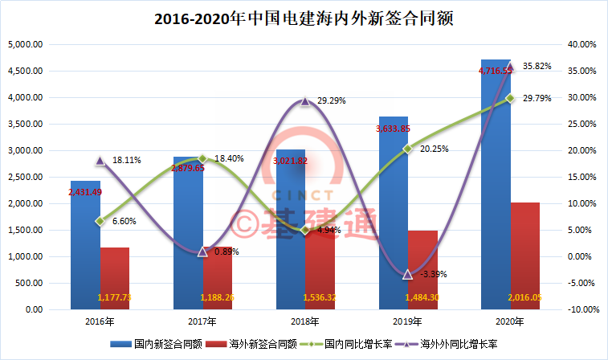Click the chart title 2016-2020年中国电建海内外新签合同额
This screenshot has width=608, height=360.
tap(304, 18)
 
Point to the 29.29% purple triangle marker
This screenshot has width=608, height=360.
tap(304, 101)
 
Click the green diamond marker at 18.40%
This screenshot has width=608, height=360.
tap(202, 158)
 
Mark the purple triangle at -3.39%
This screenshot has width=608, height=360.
tap(407, 274)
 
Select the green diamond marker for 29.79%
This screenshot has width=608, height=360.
tap(509, 98)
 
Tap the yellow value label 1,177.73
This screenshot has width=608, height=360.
tap(114, 298)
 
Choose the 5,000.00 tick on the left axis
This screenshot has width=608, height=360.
tap(25, 44)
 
